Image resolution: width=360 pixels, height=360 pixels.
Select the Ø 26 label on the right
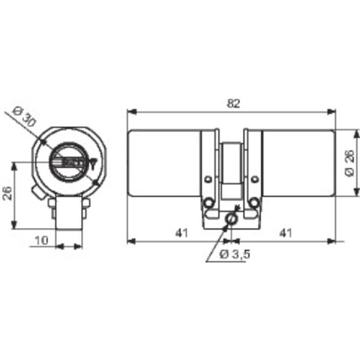[x=349, y=163]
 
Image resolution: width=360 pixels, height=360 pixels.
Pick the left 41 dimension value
[x=180, y=232]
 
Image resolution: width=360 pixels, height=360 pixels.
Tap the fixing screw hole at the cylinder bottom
[x=231, y=217]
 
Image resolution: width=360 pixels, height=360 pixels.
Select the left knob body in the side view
[x=164, y=163]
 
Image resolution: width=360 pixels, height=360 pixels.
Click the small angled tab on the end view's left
[x=37, y=193]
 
